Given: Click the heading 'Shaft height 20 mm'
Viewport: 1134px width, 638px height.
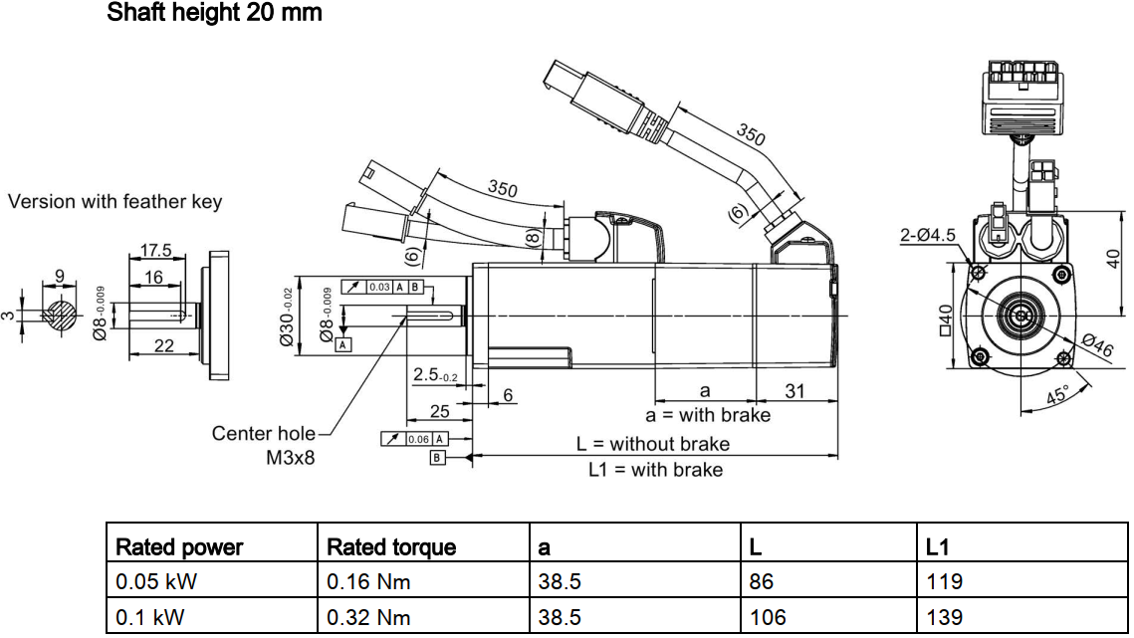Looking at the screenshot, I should (214, 14).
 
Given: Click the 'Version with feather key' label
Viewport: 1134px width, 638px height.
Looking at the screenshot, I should (115, 202).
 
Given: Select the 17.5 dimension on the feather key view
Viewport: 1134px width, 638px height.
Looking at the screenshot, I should (156, 250).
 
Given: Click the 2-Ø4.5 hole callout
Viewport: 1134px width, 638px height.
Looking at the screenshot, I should (927, 236).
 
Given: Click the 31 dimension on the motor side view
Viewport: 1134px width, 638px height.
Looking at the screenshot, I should (794, 391).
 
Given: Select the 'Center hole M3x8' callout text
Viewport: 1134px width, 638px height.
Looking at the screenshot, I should (266, 446).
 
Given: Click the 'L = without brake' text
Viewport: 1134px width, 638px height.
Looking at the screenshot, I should (653, 444).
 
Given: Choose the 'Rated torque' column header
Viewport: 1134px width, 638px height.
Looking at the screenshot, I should (391, 546).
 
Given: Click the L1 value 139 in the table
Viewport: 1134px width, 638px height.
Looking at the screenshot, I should (944, 617).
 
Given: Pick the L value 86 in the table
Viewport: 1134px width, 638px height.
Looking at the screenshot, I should (762, 581).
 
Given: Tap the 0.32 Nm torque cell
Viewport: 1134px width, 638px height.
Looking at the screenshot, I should (368, 617).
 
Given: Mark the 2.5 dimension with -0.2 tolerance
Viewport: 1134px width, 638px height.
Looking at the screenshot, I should (434, 375).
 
